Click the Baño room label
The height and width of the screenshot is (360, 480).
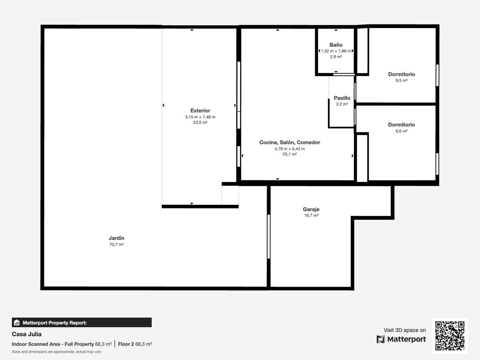coord(336,45)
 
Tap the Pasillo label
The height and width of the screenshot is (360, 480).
coord(342,98)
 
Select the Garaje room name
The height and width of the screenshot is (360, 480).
coord(311,209)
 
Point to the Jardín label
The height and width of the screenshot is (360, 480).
coord(116,238)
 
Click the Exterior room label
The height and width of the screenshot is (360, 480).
coord(200,111)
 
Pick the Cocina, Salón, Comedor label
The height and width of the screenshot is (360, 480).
coord(290,142)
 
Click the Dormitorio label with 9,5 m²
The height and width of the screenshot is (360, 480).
coord(402,74)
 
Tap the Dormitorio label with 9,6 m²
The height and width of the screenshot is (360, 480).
coord(401,125)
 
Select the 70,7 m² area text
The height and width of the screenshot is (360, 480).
coord(116,244)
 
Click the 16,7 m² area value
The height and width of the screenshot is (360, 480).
coord(311,215)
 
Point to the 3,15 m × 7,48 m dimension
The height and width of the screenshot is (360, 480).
coord(200,117)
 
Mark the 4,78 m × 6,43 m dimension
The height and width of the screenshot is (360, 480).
coord(290,149)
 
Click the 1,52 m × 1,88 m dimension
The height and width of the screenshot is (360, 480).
coord(336,51)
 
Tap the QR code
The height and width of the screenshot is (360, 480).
coord(450,336)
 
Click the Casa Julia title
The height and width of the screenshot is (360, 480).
coord(27,334)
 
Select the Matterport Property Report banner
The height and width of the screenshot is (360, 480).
coord(82,322)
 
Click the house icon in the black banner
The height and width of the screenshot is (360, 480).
coord(17,322)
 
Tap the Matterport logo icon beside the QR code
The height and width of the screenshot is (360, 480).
coord(380,339)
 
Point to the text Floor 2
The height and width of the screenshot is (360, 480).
coord(126,344)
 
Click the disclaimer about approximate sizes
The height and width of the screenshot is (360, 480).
coord(57,352)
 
